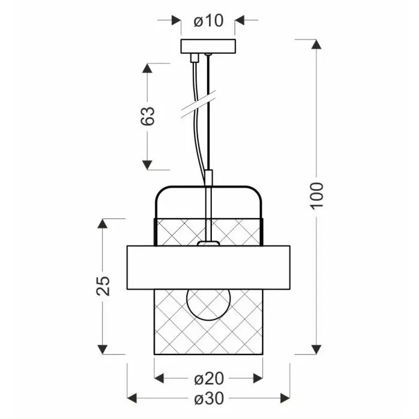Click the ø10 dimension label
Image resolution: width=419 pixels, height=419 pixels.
click(x=208, y=21)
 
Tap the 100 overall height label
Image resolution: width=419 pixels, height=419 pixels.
click(x=317, y=195)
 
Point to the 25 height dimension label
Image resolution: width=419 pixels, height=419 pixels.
click(x=103, y=286)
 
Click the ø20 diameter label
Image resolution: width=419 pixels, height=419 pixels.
click(x=208, y=378)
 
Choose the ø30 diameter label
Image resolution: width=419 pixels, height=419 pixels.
click(x=208, y=398)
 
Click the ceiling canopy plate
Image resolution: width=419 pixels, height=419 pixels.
click(x=208, y=46)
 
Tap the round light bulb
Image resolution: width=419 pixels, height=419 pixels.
click(x=208, y=303)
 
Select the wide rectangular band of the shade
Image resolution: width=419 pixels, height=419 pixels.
click(x=208, y=268)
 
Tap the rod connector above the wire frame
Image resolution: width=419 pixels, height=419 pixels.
click(x=208, y=178)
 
